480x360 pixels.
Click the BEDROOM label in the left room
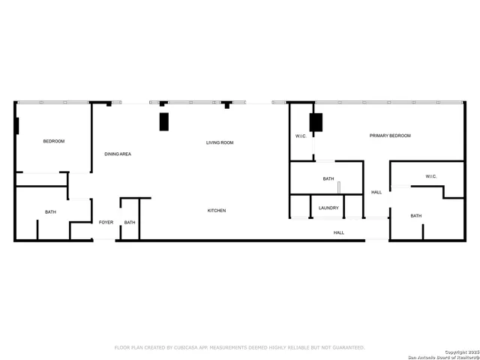click(53, 142)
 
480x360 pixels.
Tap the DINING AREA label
click(118, 154)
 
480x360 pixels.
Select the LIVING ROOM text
click(220, 142)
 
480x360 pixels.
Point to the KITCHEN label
click(217, 211)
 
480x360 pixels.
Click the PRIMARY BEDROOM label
click(390, 136)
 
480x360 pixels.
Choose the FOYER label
click(106, 222)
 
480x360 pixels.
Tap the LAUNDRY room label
click(328, 208)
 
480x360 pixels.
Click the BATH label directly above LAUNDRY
click(328, 178)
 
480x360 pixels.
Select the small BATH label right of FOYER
click(130, 222)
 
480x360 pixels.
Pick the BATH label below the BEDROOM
click(50, 212)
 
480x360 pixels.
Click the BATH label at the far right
click(415, 216)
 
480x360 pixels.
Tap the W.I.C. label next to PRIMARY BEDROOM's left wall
click(300, 136)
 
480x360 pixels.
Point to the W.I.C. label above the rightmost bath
click(431, 176)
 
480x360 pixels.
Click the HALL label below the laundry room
click(339, 232)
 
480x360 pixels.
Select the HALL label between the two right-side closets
click(376, 192)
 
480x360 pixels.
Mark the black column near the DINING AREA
click(163, 121)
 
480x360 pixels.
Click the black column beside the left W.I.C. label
click(316, 122)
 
